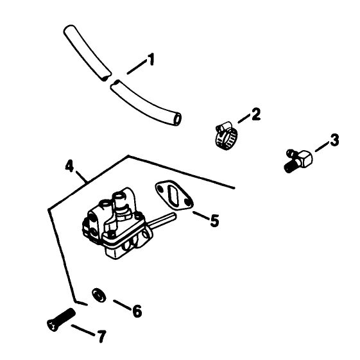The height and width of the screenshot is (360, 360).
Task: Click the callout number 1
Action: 151,60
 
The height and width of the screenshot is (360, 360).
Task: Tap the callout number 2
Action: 256,114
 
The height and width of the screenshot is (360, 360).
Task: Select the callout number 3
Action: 334,140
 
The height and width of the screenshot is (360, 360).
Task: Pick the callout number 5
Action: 214,221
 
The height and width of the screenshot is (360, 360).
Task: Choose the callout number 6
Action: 137,311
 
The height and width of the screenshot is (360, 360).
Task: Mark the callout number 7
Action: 101,336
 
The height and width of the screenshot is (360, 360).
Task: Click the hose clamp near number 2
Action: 226,135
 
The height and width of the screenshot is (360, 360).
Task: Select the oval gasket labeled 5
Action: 175,195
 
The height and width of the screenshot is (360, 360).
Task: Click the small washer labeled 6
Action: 99,295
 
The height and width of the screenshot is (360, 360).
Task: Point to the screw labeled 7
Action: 61,320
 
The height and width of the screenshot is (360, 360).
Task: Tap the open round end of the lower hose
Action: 177,119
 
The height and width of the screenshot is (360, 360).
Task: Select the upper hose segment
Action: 87,53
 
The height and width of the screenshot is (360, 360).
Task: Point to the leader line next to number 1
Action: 137,67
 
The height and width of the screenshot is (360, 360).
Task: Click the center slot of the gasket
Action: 174,194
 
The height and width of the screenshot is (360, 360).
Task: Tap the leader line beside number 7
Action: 83,330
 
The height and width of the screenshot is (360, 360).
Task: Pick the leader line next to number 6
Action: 123,305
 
